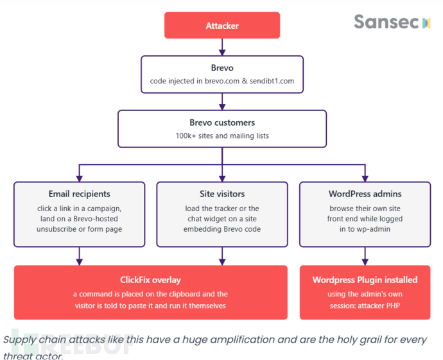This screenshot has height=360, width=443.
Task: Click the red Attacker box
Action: (x=222, y=25)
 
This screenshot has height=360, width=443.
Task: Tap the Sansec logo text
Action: (x=387, y=22)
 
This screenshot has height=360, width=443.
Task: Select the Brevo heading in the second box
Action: (x=222, y=68)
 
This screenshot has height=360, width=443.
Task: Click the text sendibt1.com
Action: (x=272, y=81)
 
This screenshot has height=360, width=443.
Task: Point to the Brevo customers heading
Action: (x=222, y=123)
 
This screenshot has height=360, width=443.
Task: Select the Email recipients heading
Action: (x=80, y=194)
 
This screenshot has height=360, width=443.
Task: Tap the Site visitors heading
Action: (x=222, y=194)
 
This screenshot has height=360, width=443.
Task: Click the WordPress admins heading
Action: (x=365, y=194)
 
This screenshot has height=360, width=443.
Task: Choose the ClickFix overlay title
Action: (x=151, y=280)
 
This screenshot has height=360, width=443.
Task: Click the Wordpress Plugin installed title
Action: (x=365, y=280)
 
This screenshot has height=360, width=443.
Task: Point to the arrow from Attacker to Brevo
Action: (x=222, y=47)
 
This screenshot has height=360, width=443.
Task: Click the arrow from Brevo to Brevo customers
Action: (x=222, y=101)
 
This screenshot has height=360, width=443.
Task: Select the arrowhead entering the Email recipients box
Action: (x=80, y=178)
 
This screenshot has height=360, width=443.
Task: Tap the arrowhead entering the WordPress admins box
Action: (x=365, y=178)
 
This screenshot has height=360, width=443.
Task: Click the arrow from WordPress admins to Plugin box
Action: (x=365, y=256)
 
